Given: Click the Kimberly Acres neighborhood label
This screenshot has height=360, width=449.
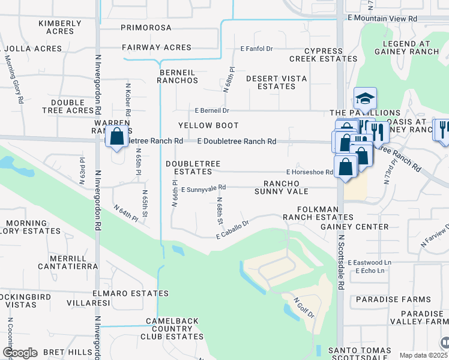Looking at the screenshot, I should [59, 28].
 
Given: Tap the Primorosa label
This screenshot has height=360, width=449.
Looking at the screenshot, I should [146, 28].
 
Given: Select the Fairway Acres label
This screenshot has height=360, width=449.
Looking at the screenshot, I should [156, 47].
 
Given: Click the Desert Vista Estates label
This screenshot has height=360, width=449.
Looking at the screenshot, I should [276, 82].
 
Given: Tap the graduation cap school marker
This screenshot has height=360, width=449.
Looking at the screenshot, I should [365, 97].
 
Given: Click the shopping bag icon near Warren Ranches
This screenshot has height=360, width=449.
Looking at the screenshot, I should [116, 136].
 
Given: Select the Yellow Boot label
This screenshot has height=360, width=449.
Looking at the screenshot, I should [208, 125].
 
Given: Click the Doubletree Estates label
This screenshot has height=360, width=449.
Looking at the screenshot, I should [193, 167].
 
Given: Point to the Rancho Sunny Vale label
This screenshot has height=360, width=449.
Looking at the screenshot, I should [286, 187].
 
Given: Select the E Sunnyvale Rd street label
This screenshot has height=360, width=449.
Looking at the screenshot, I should [203, 188].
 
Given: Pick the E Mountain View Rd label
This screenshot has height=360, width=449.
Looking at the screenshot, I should [382, 19].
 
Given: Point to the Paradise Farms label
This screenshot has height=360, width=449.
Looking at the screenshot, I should [393, 299].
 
